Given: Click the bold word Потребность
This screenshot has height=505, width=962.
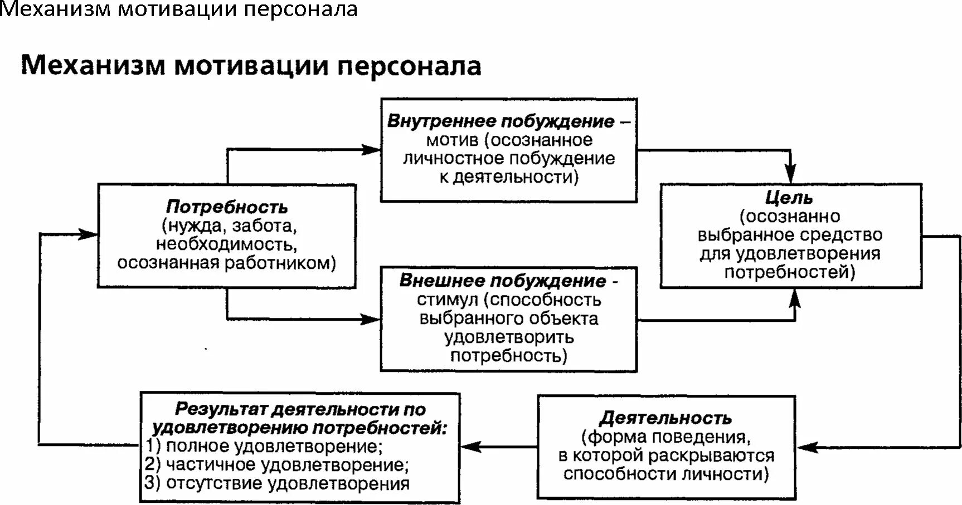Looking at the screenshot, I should (x=227, y=207).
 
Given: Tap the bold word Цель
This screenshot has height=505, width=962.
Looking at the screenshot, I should (x=789, y=198).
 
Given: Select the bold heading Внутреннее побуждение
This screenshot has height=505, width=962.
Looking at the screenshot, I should (x=501, y=121).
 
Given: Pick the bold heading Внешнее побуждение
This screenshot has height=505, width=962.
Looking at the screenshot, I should (x=502, y=281).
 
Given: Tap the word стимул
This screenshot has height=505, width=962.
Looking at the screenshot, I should (x=448, y=300).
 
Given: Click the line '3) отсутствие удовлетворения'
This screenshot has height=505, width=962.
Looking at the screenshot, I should (x=277, y=483).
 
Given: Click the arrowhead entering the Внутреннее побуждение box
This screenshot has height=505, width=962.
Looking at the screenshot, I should (x=372, y=149).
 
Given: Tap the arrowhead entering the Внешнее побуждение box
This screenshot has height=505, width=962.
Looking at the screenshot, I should (x=372, y=320).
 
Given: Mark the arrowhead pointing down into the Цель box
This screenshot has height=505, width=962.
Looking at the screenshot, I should (x=790, y=173).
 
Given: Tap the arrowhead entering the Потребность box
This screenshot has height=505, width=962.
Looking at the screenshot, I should (x=89, y=234).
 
